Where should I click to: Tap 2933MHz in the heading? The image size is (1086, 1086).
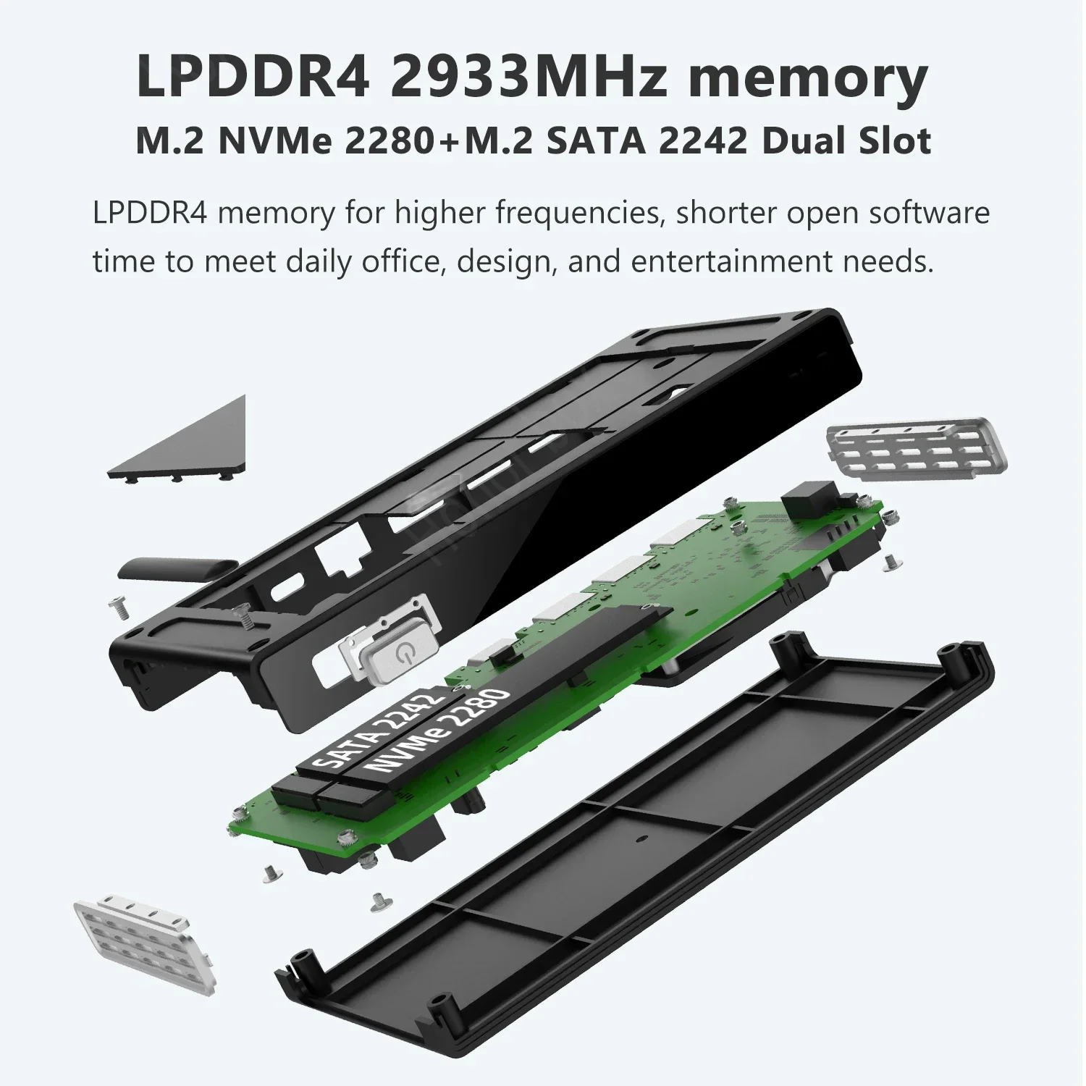click(x=529, y=77)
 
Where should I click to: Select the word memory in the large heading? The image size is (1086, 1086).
click(x=807, y=80)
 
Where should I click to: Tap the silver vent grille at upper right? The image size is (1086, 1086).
click(x=917, y=447)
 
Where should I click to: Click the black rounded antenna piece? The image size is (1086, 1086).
click(x=178, y=568)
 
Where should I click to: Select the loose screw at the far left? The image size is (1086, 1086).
click(x=119, y=607)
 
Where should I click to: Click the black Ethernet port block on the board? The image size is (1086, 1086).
click(x=809, y=498)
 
